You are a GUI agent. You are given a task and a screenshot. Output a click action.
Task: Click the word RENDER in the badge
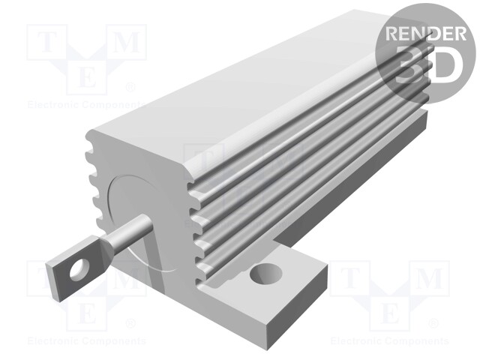pyautogui.click(x=424, y=34)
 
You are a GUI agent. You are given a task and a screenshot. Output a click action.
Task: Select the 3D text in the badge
pyautogui.click(x=426, y=66)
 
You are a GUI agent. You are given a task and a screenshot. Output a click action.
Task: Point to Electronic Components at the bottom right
pyautogui.click(x=389, y=340)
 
